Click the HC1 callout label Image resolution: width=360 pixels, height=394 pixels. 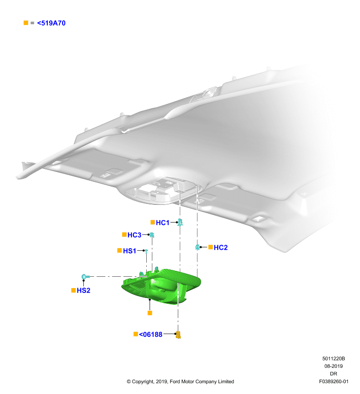coord(163,223)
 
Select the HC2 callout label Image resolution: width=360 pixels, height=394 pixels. coord(221,248)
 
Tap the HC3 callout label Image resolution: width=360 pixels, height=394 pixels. coord(134,235)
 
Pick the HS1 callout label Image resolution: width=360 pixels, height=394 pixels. coord(130,251)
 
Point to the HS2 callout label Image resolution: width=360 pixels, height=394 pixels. coord(83,291)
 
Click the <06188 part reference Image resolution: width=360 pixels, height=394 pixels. coord(151,334)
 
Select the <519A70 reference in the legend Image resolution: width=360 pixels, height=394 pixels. coord(51,23)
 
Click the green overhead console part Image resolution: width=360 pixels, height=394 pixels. coord(161,287)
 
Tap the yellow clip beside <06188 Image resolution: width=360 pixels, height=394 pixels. coord(178,335)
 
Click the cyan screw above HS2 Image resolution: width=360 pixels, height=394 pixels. coord(85,277)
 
